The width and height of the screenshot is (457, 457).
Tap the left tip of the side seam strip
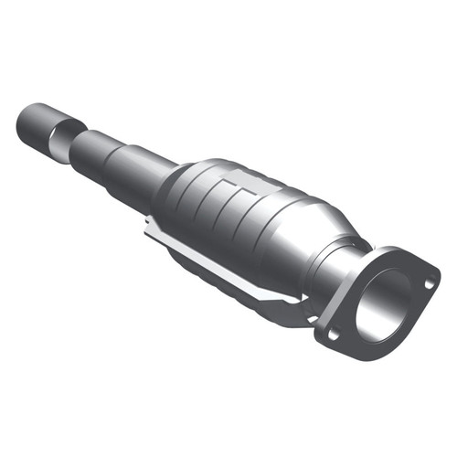click(x=148, y=228)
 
